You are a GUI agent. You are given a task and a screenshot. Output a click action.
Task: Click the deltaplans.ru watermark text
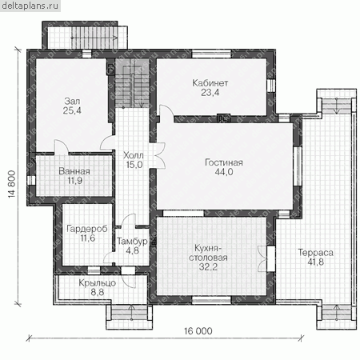pyautogui.click(x=30, y=6)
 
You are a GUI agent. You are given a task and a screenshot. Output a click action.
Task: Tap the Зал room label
pyautogui.click(x=72, y=102)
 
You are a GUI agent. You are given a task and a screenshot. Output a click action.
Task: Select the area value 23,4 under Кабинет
pyautogui.click(x=210, y=93)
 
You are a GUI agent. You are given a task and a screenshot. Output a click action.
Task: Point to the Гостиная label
pyautogui.click(x=224, y=162)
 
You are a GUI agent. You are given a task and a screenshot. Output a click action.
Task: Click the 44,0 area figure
pyautogui.click(x=224, y=172)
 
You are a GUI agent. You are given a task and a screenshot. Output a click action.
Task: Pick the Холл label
pyautogui.click(x=134, y=155)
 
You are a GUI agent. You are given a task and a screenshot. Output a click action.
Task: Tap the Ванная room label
pyautogui.click(x=74, y=171)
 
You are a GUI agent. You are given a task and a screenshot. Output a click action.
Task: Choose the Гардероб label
pyautogui.click(x=87, y=229)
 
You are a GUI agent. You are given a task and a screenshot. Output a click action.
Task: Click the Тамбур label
pyautogui.click(x=132, y=242)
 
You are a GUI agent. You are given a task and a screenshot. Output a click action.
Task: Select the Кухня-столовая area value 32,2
pyautogui.click(x=208, y=266)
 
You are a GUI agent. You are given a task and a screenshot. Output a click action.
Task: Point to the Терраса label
pyautogui.click(x=315, y=253)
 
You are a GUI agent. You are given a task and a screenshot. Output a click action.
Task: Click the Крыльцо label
pyautogui.click(x=98, y=283)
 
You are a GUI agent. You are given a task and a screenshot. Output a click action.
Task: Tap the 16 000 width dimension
pyautogui.click(x=198, y=331)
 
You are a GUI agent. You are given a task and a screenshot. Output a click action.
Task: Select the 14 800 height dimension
pyautogui.click(x=12, y=184)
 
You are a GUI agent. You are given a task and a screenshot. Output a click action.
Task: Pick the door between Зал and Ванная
pyautogui.click(x=62, y=146)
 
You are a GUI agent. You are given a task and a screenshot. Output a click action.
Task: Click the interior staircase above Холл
pyautogui.click(x=132, y=83)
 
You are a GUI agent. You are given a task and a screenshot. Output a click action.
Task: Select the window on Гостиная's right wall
pyautogui.click(x=297, y=166)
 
